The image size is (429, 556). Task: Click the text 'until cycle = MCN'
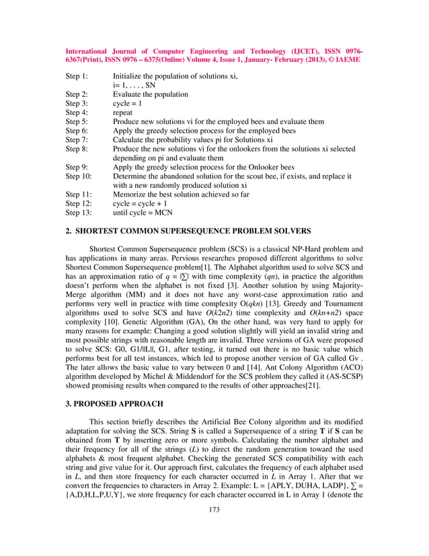tap(143, 212)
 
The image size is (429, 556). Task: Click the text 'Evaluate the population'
tap(151, 94)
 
